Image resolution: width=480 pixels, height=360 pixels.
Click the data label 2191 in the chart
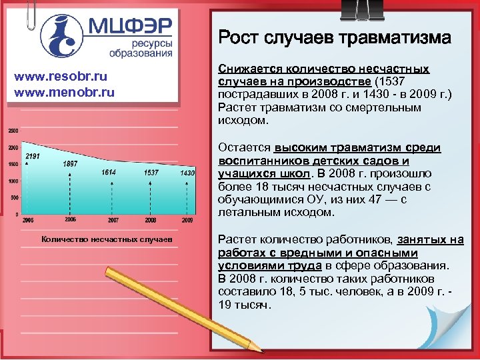33,156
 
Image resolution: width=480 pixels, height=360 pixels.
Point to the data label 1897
69,164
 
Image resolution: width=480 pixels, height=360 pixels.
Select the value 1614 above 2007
109,173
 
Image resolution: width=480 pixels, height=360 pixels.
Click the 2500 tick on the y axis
13,130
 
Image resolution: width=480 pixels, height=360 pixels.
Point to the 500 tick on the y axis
14,198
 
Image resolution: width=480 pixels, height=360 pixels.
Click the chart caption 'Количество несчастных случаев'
106,238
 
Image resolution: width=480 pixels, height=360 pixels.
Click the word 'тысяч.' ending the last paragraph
254,305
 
